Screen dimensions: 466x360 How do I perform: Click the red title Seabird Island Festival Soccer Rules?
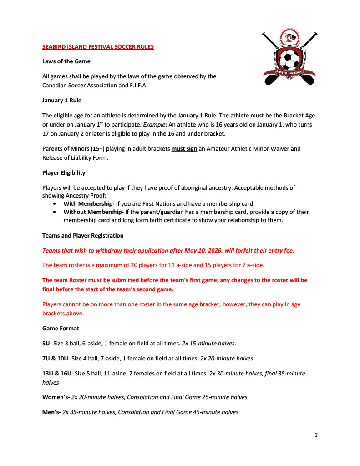(x=98, y=46)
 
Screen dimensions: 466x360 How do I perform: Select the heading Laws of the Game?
(x=66, y=61)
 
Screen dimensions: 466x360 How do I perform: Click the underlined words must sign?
(x=184, y=149)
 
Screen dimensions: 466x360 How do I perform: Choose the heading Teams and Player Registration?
(x=82, y=236)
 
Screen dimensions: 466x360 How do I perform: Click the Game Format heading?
(x=61, y=328)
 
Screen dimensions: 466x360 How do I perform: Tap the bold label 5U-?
(x=46, y=344)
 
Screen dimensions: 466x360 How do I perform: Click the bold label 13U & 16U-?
(x=57, y=374)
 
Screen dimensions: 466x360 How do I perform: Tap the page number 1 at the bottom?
(x=316, y=435)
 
